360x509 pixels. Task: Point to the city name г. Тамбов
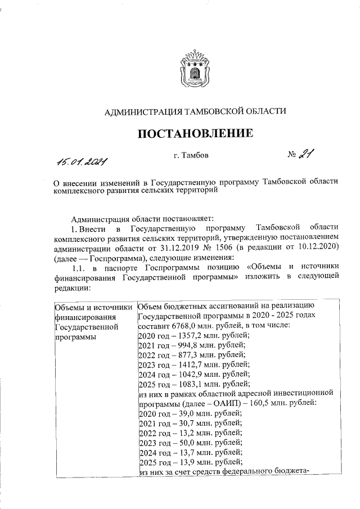(x=191, y=155)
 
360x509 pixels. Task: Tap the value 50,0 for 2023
(x=179, y=442)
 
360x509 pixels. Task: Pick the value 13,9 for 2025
(x=179, y=462)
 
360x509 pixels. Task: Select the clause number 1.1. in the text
(x=74, y=267)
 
